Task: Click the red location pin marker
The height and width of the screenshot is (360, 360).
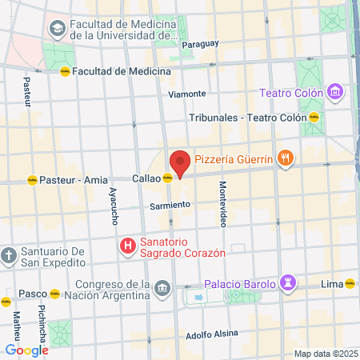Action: coord(179,163)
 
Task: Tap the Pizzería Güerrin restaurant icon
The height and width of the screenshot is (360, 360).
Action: coord(285,158)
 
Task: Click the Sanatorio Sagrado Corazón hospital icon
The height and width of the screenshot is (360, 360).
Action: coord(126,246)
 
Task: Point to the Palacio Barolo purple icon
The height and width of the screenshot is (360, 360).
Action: coord(289,282)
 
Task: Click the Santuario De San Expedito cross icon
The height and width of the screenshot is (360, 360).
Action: coord(9,256)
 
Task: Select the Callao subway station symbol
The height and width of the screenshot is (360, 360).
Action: coord(166,178)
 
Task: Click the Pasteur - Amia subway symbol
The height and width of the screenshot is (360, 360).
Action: coord(32,180)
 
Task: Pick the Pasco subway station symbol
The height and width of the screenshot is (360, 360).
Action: coord(54,294)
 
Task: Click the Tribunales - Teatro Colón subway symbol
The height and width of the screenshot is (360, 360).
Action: coord(314,117)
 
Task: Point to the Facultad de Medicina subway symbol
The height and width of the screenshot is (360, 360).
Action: coord(65,71)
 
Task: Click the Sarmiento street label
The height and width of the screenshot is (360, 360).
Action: coord(170,205)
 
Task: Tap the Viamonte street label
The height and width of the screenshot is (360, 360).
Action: coord(188,94)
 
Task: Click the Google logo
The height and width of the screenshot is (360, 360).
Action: coord(26,350)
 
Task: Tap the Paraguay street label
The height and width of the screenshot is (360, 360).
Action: coord(200,44)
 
